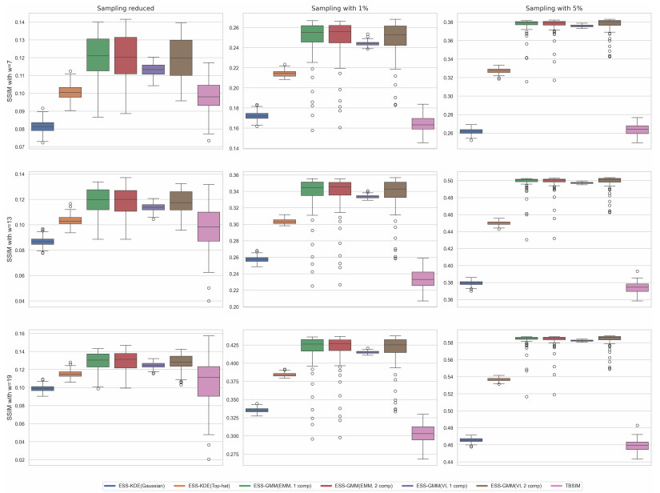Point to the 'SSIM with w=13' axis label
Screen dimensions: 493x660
[x=10, y=238]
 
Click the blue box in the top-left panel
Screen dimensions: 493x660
[x=42, y=126]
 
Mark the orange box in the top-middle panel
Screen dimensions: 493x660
[x=284, y=74]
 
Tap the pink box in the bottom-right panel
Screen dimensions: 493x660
[x=638, y=446]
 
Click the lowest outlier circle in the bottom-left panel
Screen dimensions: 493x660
[x=209, y=459]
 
